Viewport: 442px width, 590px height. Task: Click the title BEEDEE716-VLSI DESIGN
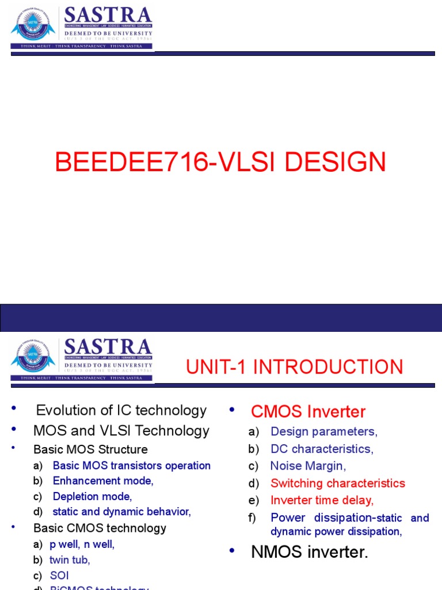point(220,162)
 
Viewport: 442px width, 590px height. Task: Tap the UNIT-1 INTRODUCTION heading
point(294,367)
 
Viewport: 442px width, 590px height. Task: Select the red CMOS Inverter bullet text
point(308,411)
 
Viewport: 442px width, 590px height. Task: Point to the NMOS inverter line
point(309,552)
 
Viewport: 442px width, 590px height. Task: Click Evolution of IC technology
point(121,410)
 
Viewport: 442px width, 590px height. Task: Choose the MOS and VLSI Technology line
point(121,430)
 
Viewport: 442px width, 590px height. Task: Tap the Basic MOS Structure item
point(90,449)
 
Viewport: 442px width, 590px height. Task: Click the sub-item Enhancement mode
point(103,481)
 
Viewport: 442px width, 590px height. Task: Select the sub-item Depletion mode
point(92,496)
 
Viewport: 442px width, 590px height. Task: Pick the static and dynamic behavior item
point(121,512)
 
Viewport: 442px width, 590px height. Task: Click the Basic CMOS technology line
point(100,528)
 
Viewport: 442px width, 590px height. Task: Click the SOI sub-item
point(59,576)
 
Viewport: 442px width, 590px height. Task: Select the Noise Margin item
point(308,466)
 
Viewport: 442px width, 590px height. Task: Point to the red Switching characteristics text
point(338,483)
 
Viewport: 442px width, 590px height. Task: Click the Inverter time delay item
point(322,500)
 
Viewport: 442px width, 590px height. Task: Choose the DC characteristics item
point(322,449)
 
